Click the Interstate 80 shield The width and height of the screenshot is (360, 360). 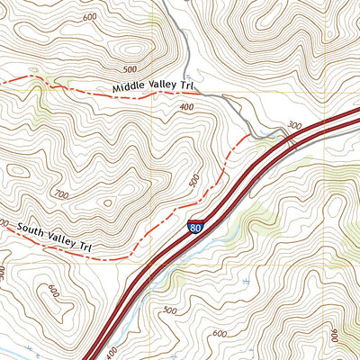pos(195,227)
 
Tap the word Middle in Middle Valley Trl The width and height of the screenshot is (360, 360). pos(130,88)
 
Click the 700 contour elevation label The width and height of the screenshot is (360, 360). pos(61,193)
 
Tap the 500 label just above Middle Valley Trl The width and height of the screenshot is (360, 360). pos(130,69)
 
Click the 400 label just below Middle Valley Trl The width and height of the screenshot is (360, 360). pos(186,107)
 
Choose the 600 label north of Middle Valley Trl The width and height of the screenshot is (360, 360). pos(88,17)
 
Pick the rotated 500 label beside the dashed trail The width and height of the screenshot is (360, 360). pos(193,181)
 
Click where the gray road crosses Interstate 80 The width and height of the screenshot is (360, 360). pos(292,140)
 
